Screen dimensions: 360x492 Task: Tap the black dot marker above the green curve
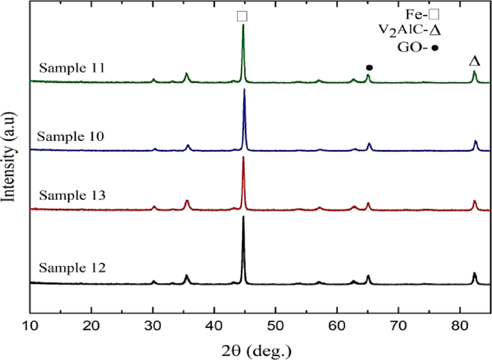click(x=369, y=68)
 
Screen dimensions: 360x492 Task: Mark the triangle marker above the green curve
click(x=474, y=61)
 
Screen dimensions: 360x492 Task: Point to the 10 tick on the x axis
click(x=30, y=327)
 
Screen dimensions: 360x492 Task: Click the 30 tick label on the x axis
click(x=152, y=327)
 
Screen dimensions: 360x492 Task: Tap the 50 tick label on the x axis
click(x=275, y=327)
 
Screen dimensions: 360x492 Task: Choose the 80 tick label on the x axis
click(x=460, y=327)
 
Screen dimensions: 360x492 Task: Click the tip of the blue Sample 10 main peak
click(x=245, y=89)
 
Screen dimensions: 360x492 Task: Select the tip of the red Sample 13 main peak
click(x=243, y=157)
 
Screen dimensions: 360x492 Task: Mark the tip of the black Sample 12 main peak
click(x=243, y=216)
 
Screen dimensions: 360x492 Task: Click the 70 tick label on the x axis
click(x=399, y=327)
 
